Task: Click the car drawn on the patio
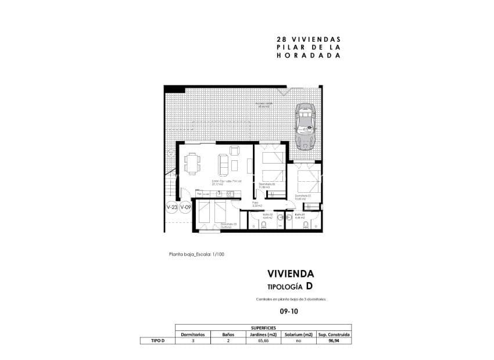(x=306, y=126)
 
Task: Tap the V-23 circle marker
(x=172, y=207)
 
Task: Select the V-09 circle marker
(x=185, y=207)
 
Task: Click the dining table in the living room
(x=192, y=163)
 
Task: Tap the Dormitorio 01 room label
(x=302, y=196)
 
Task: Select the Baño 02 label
(x=267, y=215)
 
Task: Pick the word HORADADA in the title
(x=309, y=56)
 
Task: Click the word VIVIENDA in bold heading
(x=291, y=273)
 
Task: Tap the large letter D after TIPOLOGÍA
(x=309, y=286)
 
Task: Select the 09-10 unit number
(x=289, y=311)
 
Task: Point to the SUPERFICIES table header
(x=263, y=327)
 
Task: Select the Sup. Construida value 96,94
(x=333, y=341)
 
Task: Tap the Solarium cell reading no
(x=298, y=341)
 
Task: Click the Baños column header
(x=228, y=334)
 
